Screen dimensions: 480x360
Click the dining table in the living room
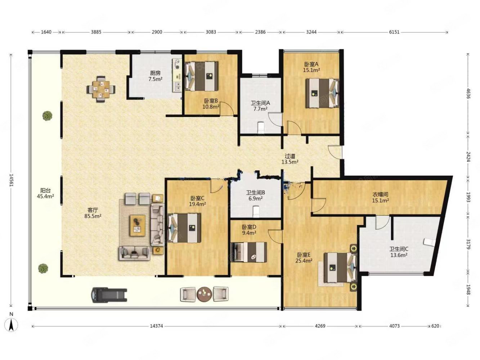coord(101,89)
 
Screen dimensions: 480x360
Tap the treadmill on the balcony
coord(109,294)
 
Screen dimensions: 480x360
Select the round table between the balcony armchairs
coord(204,294)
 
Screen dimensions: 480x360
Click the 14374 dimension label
coord(156,326)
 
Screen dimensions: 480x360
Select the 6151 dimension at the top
coord(394,32)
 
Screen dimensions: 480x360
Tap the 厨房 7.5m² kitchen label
coord(155,76)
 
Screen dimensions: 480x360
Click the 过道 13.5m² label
coord(290,159)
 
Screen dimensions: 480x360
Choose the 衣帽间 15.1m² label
coord(381,197)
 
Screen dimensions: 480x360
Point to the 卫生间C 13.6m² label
coord(399,252)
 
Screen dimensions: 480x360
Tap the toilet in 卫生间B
coord(256,211)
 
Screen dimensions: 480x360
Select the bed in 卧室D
coord(249,252)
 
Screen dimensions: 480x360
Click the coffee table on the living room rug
coord(138,225)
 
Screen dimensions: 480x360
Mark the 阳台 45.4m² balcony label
coord(45,193)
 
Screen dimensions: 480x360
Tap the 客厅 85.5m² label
coord(93,213)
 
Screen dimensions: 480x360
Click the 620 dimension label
coord(435,326)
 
